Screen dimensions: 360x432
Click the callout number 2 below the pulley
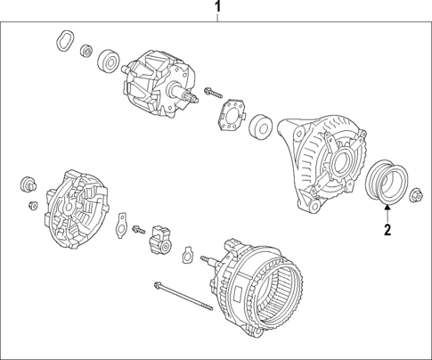point(387,230)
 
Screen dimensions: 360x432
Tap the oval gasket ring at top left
point(64,40)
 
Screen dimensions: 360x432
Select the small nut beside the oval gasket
point(86,50)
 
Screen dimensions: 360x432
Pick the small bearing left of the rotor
point(110,61)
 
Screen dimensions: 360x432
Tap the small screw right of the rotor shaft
point(214,91)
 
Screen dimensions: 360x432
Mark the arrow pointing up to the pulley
point(387,212)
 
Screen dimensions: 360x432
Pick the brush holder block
point(161,238)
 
